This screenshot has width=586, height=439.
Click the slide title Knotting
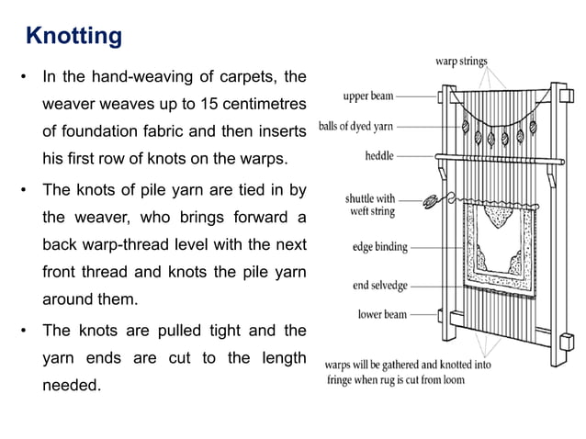tap(73, 37)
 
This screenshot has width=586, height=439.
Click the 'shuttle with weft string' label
tap(370, 205)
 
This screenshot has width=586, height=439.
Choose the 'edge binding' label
tap(380, 247)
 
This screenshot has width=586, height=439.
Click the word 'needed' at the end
tap(73, 386)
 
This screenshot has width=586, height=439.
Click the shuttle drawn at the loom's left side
tap(429, 197)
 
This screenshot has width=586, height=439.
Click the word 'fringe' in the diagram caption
tap(342, 378)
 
